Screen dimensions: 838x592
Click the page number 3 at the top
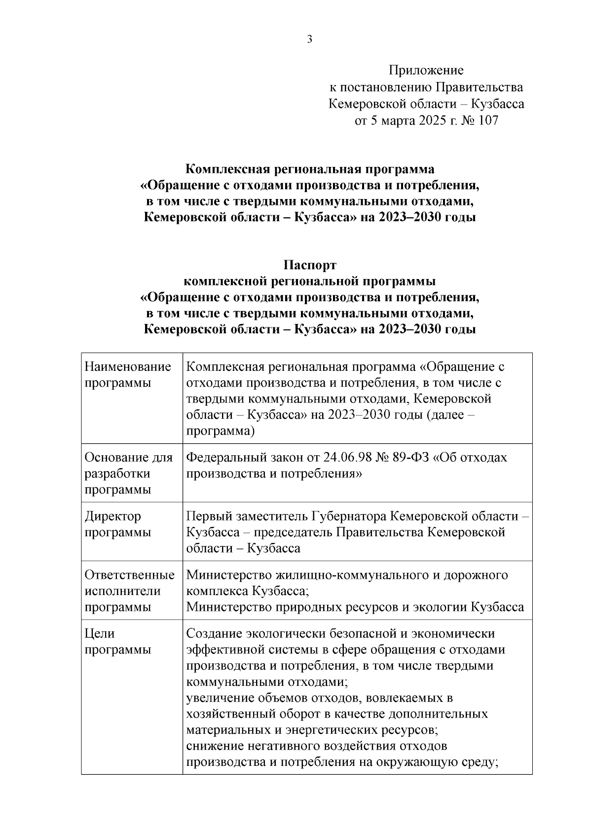pos(309,40)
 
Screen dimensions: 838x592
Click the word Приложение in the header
pos(426,71)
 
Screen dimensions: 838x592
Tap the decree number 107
pos(487,120)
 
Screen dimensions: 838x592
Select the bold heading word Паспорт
pos(310,265)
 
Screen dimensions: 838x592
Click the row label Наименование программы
pos(128,375)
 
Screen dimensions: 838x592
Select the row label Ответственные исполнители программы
pos(129,591)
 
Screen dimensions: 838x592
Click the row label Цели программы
pos(117,641)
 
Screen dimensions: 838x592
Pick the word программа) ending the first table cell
pos(220,431)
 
